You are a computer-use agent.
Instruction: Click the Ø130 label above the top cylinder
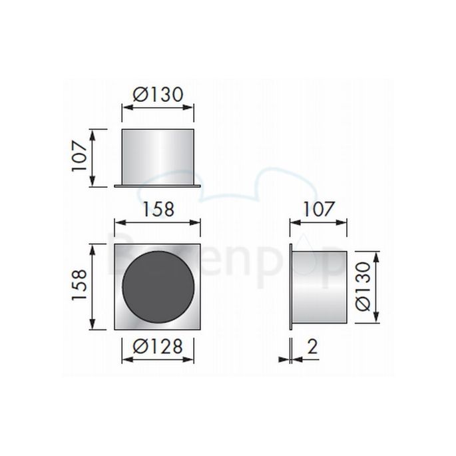point(157,94)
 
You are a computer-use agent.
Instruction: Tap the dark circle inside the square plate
point(158,287)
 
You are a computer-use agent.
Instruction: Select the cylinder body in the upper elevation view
point(157,157)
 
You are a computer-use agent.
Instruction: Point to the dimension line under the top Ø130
point(157,107)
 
